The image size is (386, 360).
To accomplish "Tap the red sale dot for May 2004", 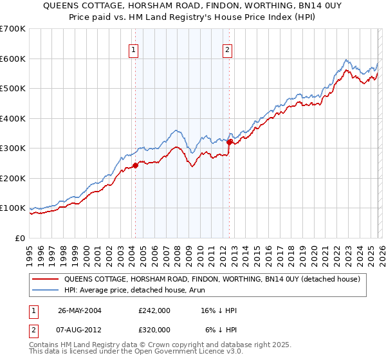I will [136, 165].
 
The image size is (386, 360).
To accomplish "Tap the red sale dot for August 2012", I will [230, 142].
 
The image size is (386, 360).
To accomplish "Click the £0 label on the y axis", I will [21, 238].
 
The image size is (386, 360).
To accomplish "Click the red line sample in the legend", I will [46, 278].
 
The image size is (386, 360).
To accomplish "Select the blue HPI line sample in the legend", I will [46, 290].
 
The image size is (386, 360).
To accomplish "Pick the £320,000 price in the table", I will [154, 329].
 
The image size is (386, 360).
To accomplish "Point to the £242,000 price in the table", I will [154, 310].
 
